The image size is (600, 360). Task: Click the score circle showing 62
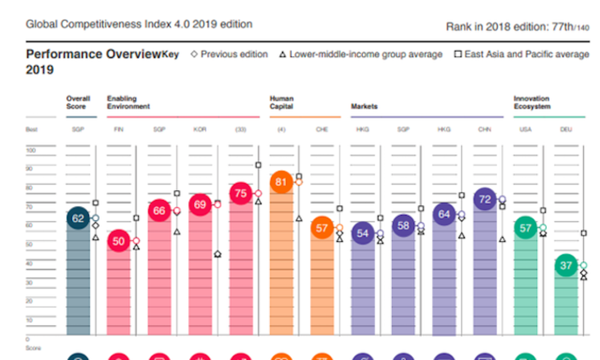78,218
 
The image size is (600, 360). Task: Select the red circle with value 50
118,241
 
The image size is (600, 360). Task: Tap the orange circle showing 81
281,182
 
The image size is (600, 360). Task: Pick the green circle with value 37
566,266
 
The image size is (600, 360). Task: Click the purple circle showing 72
485,199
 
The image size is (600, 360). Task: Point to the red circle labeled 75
241,193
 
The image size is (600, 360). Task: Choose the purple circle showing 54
362,233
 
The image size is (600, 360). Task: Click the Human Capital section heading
282,102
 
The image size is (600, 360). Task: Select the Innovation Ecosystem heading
531,102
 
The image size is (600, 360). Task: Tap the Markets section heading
364,106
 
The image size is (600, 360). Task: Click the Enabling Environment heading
128,102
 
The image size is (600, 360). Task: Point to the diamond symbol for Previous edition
194,54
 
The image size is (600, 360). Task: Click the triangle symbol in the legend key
282,55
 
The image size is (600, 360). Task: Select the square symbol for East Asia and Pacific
458,54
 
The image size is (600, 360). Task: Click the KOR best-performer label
200,130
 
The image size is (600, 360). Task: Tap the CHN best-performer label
485,130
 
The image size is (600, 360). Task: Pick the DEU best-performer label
566,130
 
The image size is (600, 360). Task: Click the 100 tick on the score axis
31,150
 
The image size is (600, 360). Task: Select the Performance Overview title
93,54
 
